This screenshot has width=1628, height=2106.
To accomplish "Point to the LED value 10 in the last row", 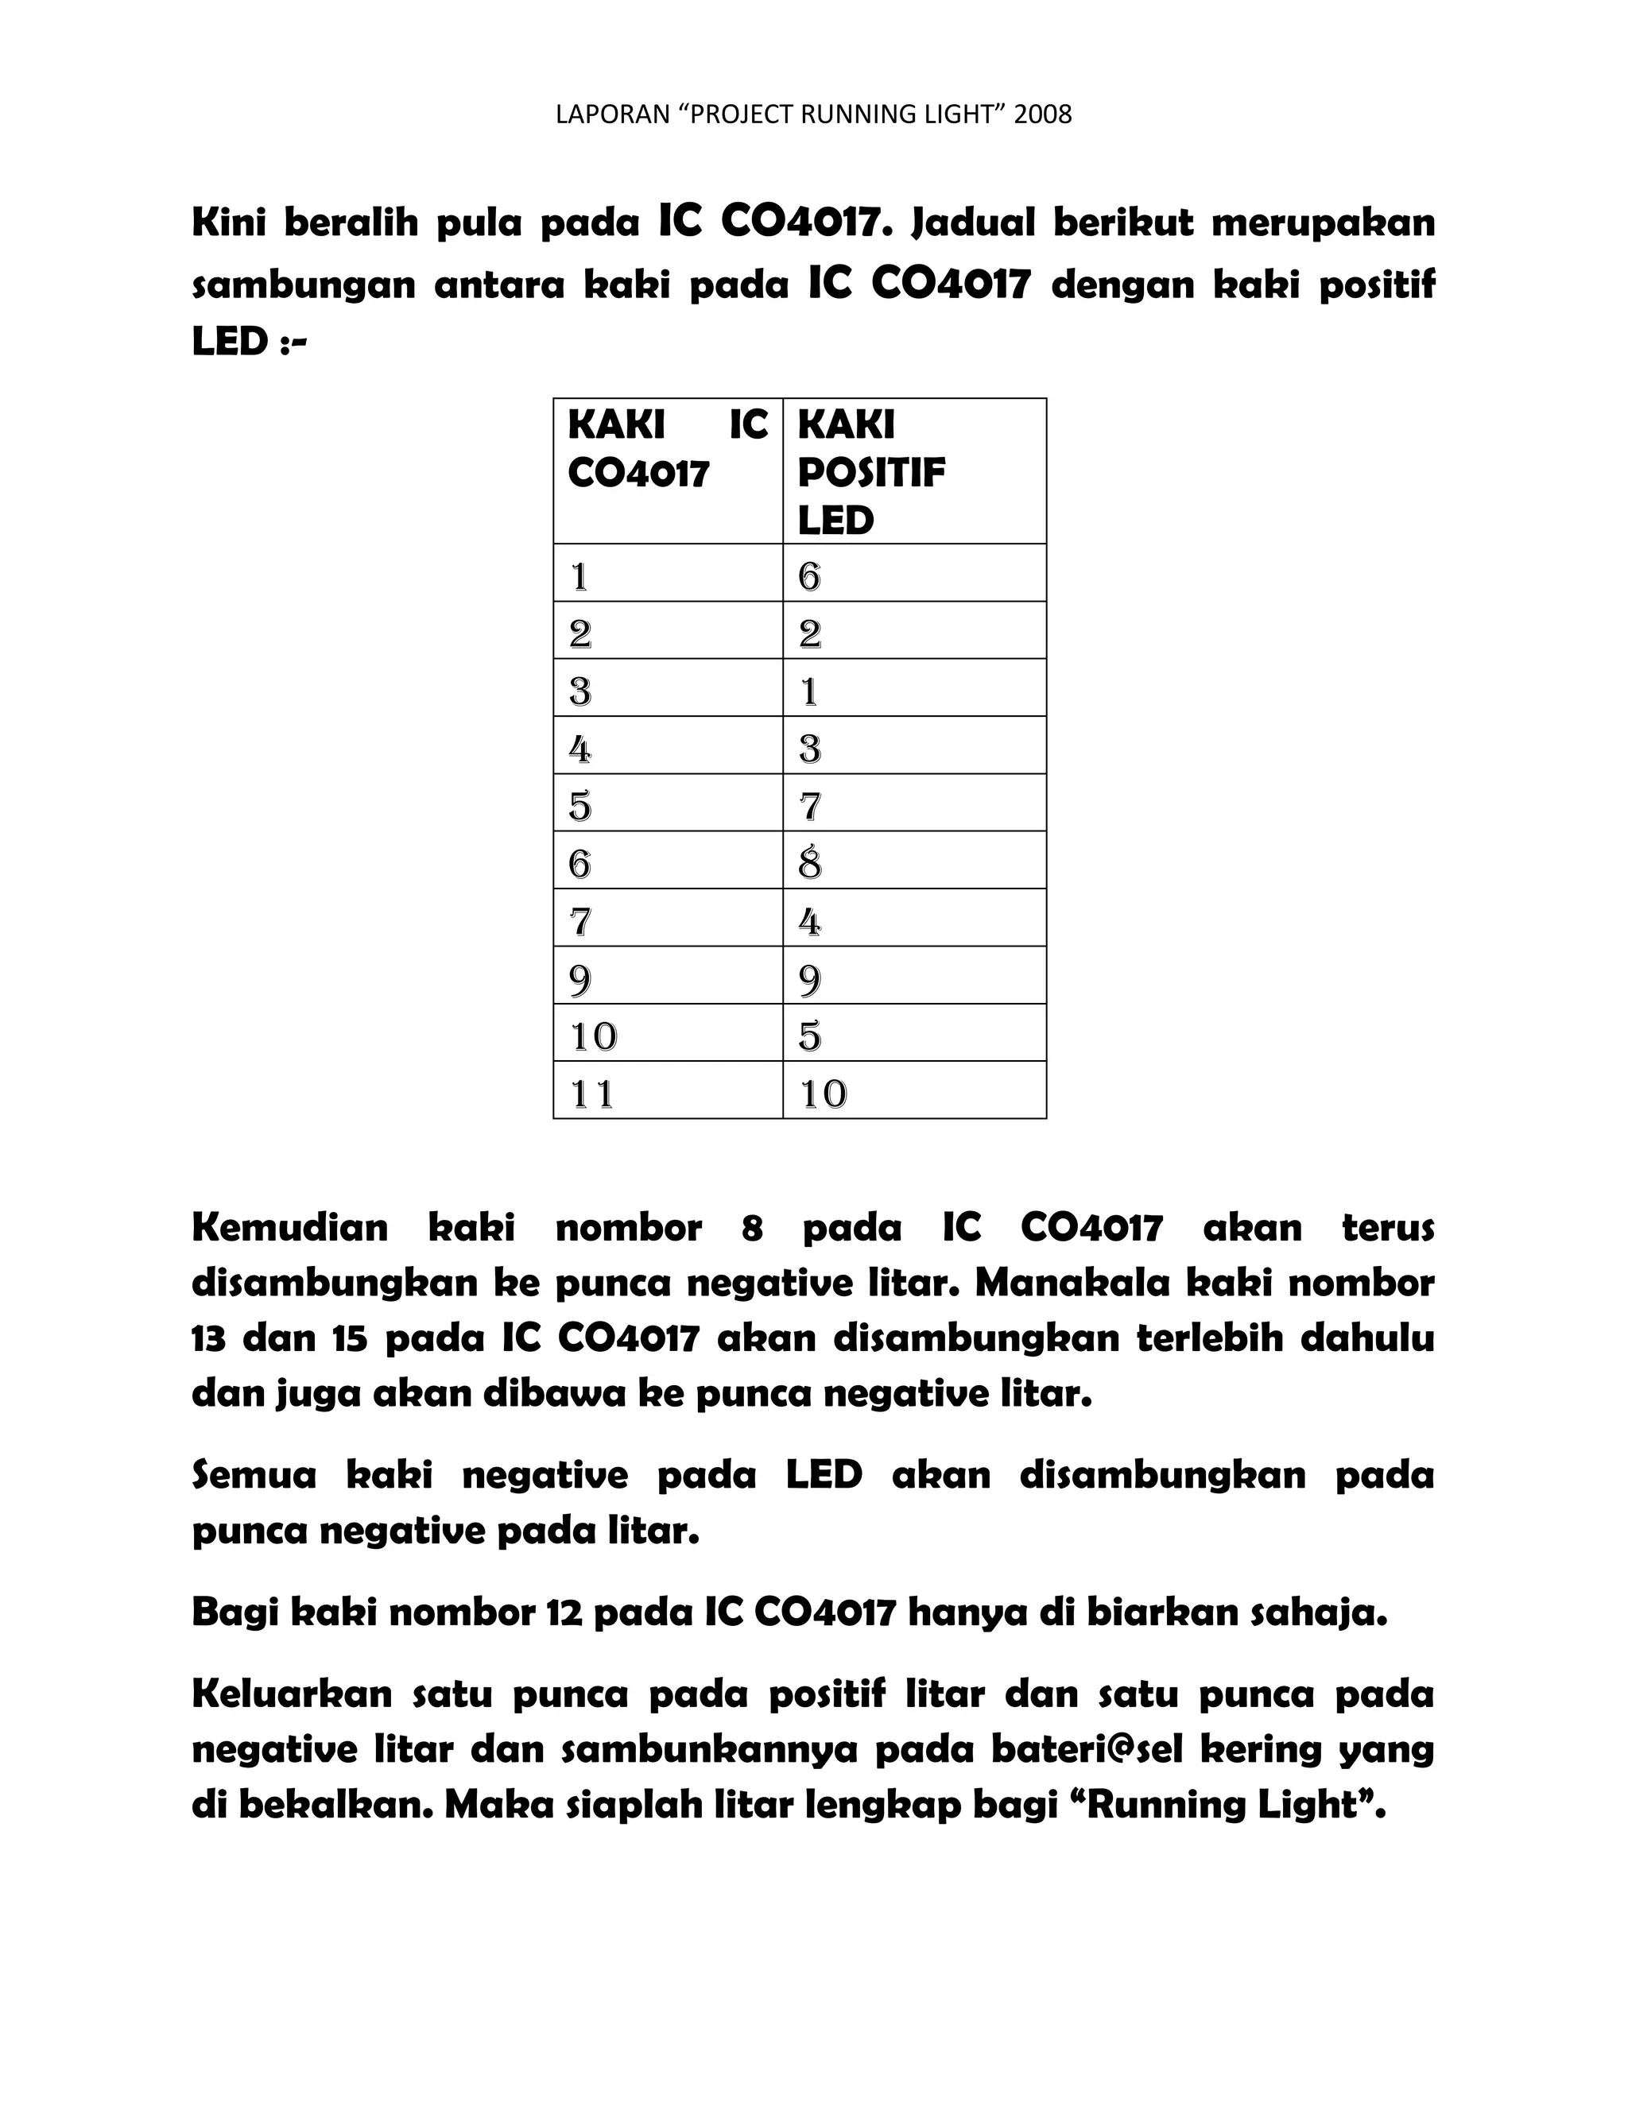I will click(x=823, y=1094).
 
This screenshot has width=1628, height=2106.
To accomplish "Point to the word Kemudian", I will click(x=289, y=1228).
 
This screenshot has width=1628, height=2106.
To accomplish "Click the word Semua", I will click(x=254, y=1475).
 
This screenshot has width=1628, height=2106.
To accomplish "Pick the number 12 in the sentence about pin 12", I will click(x=564, y=1612).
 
